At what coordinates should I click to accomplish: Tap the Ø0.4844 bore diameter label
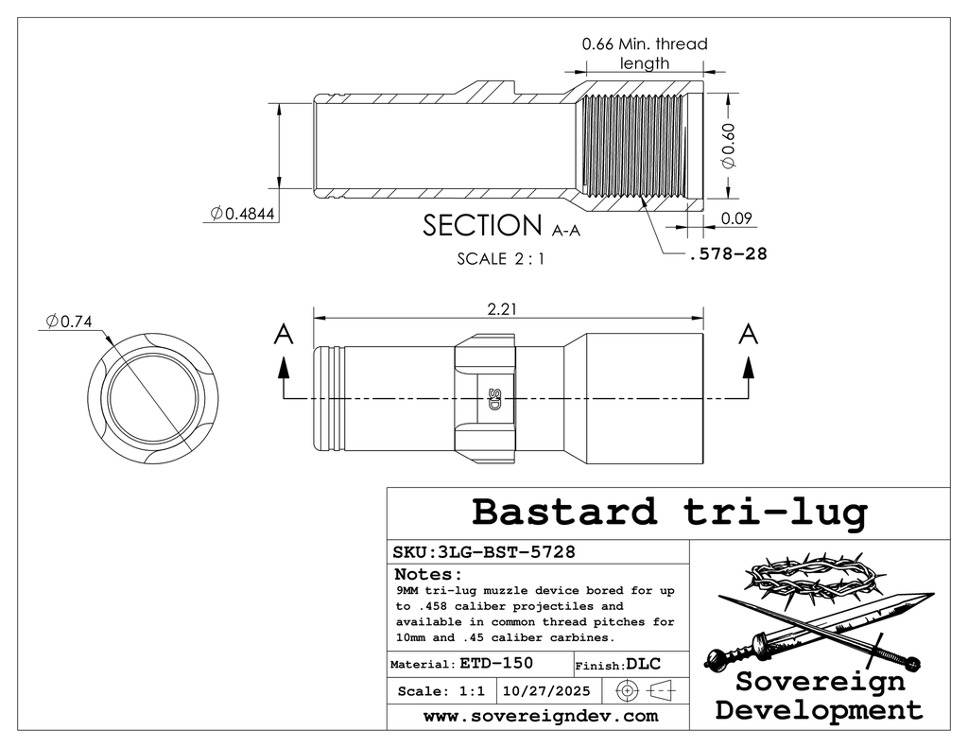point(243,215)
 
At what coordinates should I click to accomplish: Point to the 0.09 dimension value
point(736,218)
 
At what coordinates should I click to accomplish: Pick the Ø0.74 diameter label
point(68,322)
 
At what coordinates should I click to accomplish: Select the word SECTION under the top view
point(480,226)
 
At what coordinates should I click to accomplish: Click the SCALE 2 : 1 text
point(500,257)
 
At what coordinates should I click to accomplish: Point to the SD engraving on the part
point(493,399)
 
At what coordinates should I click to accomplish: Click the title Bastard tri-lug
point(668,512)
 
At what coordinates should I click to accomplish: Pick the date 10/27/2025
point(547,691)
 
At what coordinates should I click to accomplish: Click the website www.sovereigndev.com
point(540,717)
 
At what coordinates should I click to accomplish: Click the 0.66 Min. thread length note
point(645,53)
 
